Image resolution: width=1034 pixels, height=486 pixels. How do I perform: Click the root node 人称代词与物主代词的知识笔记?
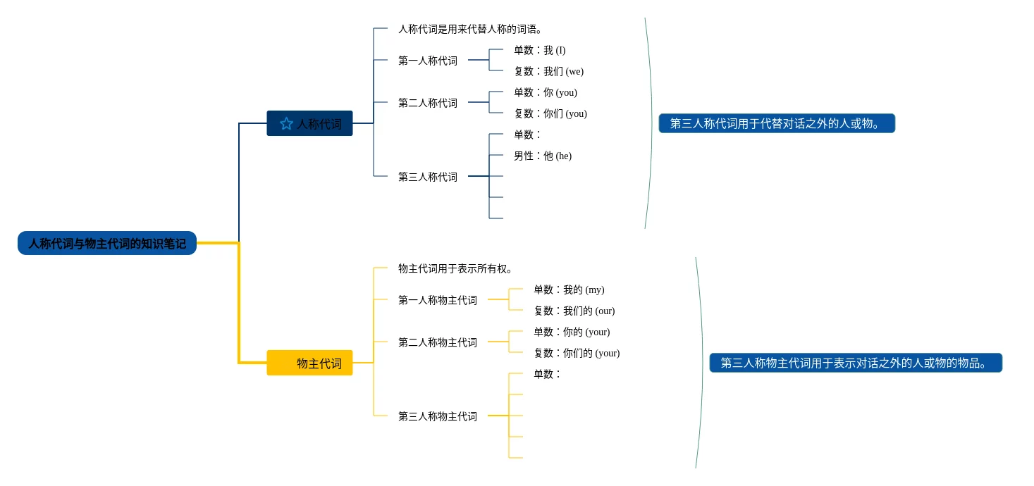107,244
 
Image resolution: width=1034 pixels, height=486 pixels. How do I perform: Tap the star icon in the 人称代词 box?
286,124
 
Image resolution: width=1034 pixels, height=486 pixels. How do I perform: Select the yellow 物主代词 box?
309,363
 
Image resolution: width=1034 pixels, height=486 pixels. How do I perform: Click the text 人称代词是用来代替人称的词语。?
470,29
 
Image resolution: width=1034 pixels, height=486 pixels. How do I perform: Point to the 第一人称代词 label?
428,61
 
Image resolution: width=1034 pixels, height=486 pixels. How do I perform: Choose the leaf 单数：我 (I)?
540,50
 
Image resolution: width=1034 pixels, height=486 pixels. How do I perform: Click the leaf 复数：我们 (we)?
548,71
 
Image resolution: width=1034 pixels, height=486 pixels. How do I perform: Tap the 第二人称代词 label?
428,103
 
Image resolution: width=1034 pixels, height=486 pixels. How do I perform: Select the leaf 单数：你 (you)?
546,92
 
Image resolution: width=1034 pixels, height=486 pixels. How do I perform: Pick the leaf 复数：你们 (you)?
550,113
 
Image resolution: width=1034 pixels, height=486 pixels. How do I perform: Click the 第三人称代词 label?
428,177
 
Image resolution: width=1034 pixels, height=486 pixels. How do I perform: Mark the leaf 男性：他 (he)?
543,156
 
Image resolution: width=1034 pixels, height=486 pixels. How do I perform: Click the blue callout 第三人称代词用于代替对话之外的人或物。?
777,123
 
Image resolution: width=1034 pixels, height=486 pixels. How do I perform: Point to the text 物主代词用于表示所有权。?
455,268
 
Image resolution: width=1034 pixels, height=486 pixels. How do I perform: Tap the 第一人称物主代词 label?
438,300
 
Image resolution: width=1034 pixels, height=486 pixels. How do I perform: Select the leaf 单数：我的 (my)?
569,289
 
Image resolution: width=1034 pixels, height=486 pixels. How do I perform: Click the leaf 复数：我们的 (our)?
574,311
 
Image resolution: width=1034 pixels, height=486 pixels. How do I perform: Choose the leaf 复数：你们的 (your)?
577,353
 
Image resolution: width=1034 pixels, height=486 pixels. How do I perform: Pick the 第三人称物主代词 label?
438,416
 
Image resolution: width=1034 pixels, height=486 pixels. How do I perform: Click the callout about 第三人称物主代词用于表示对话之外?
856,363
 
